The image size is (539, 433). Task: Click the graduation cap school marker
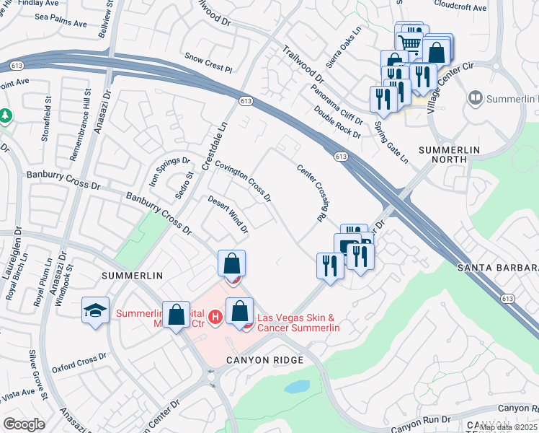pos(95,310)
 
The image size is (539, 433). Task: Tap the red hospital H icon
pos(214,317)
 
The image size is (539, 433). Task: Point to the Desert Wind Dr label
pos(228,214)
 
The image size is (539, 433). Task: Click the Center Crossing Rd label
pos(318,192)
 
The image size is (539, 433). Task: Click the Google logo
pos(24,424)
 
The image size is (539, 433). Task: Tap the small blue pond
pos(297,387)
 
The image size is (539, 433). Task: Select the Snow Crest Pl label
pos(208,63)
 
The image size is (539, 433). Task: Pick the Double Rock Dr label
pos(337,121)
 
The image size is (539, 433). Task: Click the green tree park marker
pos(5,115)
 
